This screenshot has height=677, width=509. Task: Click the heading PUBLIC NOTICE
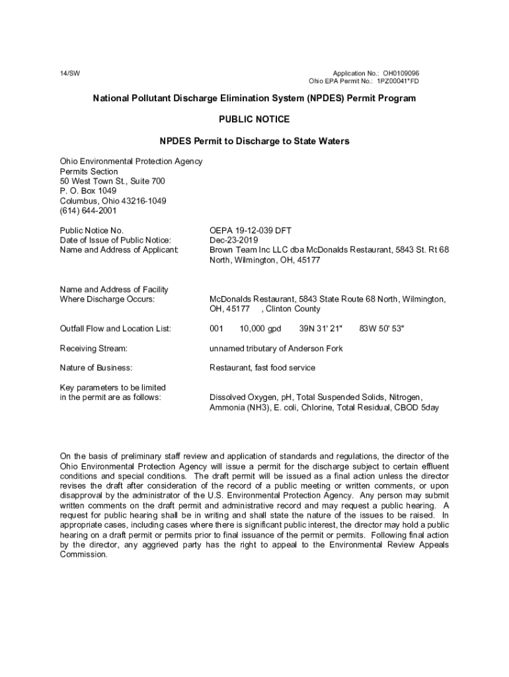[254, 120]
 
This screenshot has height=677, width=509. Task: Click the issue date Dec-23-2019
[233, 240]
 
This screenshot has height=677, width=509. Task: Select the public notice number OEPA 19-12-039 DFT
[251, 230]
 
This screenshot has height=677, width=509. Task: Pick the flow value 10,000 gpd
[260, 329]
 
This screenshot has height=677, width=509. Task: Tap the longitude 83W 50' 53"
[381, 329]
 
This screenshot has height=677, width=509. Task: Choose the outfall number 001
[217, 329]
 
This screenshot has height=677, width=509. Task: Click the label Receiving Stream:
[93, 348]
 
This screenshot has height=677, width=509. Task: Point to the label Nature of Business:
[96, 368]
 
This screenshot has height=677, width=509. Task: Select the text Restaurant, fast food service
[262, 368]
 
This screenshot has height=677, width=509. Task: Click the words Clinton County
[294, 309]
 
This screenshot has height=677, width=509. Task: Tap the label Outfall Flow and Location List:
[115, 329]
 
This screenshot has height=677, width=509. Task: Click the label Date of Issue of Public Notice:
[115, 240]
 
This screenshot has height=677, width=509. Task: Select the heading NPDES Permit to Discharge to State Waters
[254, 141]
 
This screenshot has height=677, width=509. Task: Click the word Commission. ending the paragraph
[84, 555]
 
